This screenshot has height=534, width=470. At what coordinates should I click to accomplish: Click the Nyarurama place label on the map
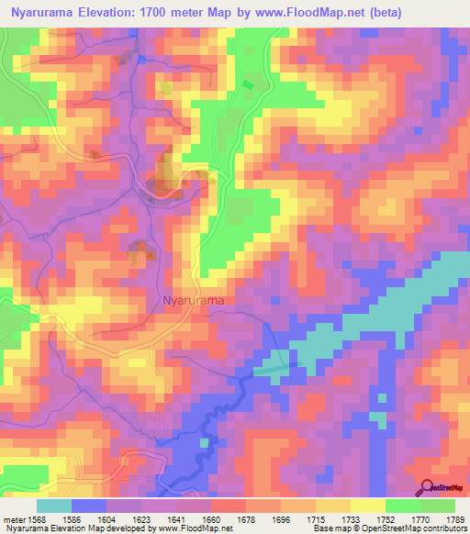click(x=193, y=299)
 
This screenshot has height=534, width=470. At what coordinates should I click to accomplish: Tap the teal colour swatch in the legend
click(x=54, y=505)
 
